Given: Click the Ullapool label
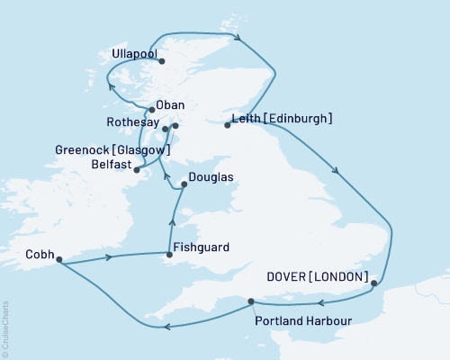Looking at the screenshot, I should [x=132, y=54].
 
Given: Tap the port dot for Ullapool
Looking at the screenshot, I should [x=161, y=61].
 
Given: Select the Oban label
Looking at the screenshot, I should [x=170, y=104].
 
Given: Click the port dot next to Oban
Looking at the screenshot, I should [x=151, y=110].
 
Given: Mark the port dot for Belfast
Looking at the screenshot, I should [x=137, y=169].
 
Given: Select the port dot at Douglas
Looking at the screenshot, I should [x=184, y=184].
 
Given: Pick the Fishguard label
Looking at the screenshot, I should [x=203, y=247].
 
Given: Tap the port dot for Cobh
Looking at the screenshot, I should [x=58, y=261].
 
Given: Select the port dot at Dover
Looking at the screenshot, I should [x=373, y=283].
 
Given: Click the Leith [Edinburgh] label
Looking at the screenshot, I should [x=283, y=118].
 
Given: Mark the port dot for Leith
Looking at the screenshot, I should [x=227, y=125].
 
